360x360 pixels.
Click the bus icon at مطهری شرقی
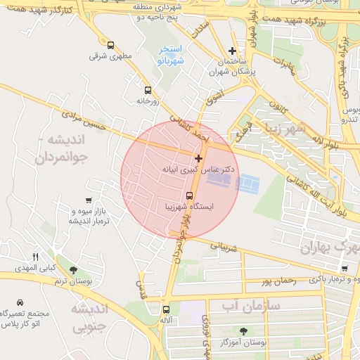(110, 44)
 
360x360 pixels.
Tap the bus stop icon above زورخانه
(148, 90)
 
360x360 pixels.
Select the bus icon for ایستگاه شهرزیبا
(189, 195)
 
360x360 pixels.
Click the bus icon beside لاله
(166, 309)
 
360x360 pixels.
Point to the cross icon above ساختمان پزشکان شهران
(233, 51)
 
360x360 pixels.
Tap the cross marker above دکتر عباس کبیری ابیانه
(199, 159)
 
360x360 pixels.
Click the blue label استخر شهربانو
(171, 54)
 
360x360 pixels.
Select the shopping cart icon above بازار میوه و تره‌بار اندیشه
(88, 201)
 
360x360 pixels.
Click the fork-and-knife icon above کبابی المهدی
(36, 257)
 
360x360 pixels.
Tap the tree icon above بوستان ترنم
(73, 270)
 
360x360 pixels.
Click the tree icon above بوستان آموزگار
(243, 330)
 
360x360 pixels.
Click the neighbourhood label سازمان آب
(250, 305)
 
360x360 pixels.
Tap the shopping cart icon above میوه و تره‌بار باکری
(344, 269)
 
